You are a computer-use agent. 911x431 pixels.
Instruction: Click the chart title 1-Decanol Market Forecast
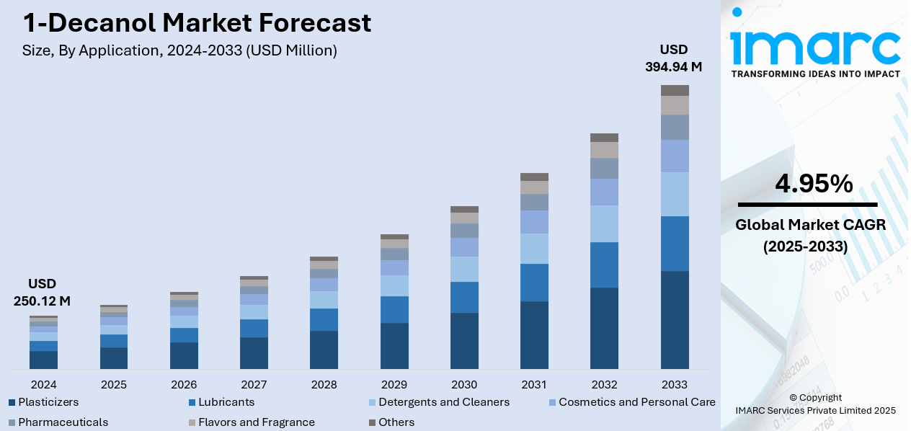(197, 23)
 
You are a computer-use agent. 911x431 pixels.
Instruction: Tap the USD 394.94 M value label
(673, 58)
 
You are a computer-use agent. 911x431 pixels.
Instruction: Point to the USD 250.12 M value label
(42, 292)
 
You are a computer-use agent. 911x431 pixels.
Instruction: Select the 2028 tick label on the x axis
(324, 384)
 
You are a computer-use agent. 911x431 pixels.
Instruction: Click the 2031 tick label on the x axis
(534, 384)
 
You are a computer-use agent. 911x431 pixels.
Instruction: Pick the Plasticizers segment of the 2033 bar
(675, 320)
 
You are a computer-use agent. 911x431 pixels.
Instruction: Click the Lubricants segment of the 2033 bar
(675, 244)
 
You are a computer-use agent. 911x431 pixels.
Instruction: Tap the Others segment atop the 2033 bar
(675, 90)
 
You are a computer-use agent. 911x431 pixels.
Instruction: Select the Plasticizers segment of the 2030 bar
(464, 340)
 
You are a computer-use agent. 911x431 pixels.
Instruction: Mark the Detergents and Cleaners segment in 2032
(604, 223)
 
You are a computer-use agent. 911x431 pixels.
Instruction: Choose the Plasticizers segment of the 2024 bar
(43, 360)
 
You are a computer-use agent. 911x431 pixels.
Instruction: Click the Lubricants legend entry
(226, 402)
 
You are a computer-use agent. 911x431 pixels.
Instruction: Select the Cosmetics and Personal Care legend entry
(636, 402)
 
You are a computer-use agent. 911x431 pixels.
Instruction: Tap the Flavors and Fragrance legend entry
(256, 422)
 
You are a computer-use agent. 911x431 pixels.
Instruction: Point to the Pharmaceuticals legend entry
(63, 422)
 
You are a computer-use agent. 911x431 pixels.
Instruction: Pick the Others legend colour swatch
(373, 422)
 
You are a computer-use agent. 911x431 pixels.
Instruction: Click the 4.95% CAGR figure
(814, 185)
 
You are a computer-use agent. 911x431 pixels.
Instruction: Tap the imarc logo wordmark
(814, 45)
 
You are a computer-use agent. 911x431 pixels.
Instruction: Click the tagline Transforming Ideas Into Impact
(815, 74)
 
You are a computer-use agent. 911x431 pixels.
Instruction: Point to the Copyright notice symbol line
(815, 397)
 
